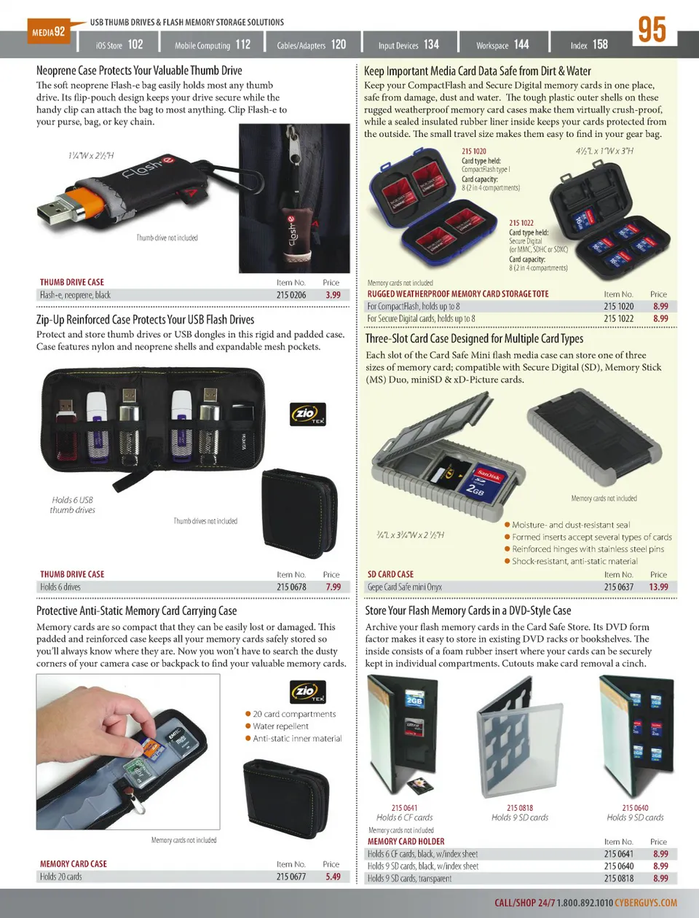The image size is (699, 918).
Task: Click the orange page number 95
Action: pyautogui.click(x=652, y=30)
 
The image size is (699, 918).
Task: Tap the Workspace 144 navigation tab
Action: pyautogui.click(x=502, y=44)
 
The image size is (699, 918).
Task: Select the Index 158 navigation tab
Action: pyautogui.click(x=589, y=44)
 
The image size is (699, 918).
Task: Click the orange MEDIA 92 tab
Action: pyautogui.click(x=49, y=31)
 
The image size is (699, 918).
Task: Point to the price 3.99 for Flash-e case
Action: pyautogui.click(x=333, y=295)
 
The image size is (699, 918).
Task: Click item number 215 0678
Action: pyautogui.click(x=291, y=586)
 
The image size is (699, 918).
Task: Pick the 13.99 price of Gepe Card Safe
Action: pyautogui.click(x=658, y=586)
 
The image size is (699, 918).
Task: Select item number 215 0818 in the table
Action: pyautogui.click(x=619, y=878)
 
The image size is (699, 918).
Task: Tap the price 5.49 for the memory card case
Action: pyautogui.click(x=333, y=876)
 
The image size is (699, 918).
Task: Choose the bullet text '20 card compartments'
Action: pyautogui.click(x=294, y=714)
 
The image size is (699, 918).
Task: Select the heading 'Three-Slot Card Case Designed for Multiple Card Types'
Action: pyautogui.click(x=474, y=338)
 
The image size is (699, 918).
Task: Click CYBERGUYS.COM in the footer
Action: pyautogui.click(x=646, y=903)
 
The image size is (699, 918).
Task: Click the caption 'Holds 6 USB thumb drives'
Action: pyautogui.click(x=72, y=505)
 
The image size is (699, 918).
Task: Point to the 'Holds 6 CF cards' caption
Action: pyautogui.click(x=404, y=817)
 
